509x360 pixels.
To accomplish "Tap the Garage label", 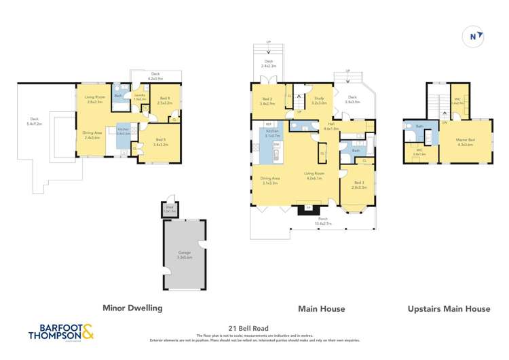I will [185, 254].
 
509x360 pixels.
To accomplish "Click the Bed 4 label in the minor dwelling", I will [165, 101].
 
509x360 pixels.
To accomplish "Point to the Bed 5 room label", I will [160, 143].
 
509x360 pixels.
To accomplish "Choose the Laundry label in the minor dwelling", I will [139, 98].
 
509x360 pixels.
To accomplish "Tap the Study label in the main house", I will [318, 101].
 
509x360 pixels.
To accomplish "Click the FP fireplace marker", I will [308, 207].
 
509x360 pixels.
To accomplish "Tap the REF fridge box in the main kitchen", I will [269, 124].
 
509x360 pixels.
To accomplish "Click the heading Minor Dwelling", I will [132, 308].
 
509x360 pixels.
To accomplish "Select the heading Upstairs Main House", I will [449, 308].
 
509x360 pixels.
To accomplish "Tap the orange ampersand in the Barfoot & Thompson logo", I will [87, 331].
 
